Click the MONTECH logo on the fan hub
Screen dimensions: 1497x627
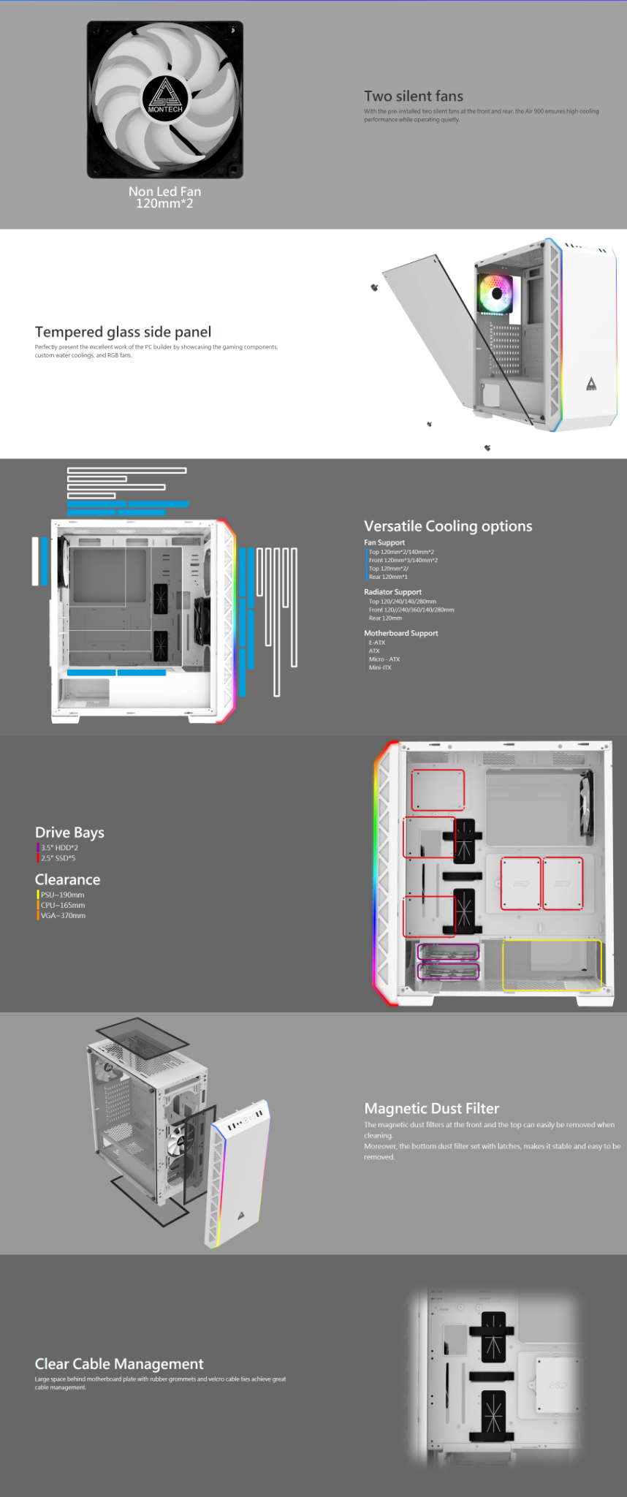(x=165, y=96)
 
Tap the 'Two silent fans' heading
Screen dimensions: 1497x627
(x=414, y=96)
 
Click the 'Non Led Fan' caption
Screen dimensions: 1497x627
(x=164, y=192)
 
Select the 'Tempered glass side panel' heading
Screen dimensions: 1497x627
(x=123, y=332)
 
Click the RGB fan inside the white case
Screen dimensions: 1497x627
(x=497, y=292)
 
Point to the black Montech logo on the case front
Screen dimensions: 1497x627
(x=591, y=384)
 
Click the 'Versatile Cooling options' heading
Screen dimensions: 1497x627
(x=448, y=526)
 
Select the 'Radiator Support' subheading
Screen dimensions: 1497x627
(x=392, y=592)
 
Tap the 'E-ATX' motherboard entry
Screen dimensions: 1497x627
(x=376, y=643)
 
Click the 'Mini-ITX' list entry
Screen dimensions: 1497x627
(x=380, y=667)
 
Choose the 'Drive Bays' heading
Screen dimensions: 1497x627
(x=69, y=833)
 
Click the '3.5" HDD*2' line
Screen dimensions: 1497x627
(x=59, y=848)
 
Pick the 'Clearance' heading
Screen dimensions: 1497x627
(x=67, y=880)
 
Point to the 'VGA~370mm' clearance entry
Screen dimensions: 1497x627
(x=63, y=915)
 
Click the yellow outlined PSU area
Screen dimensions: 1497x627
(x=552, y=965)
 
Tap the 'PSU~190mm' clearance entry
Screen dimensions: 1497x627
(x=62, y=895)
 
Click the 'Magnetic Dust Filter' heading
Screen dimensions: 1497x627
(x=431, y=1109)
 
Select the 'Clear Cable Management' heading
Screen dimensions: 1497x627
(x=119, y=1364)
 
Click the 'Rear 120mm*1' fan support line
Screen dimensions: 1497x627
(x=388, y=577)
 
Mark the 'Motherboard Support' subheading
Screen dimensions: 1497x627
(x=400, y=633)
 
